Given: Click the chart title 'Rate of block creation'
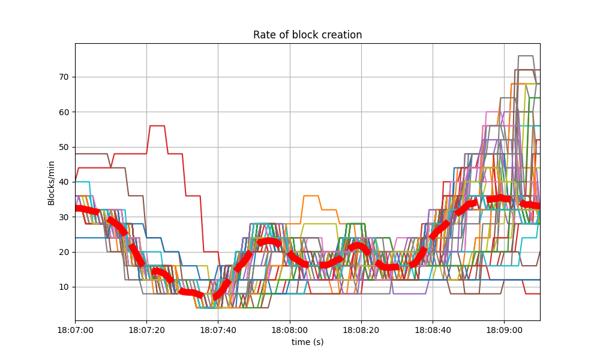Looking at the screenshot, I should [307, 35].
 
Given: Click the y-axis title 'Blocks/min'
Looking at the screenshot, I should [52, 183].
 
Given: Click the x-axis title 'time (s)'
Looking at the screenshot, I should [307, 341].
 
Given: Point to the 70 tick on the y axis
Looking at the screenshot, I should [64, 77].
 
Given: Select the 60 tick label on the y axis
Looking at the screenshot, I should [64, 112].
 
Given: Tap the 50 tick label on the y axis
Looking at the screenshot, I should [64, 147].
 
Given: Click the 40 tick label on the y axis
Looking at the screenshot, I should [64, 182].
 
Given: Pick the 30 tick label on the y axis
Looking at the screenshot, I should [64, 217].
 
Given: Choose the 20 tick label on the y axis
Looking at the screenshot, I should [64, 252].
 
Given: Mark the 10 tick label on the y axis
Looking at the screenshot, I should [64, 287].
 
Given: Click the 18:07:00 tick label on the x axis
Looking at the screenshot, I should [75, 330].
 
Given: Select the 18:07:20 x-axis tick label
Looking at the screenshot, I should [146, 330].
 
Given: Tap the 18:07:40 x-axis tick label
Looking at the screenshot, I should [218, 330].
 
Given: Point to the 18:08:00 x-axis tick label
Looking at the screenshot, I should [290, 330].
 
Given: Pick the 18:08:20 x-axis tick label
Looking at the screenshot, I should [361, 330].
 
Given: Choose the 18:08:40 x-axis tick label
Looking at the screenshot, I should [433, 330].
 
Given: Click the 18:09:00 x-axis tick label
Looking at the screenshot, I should [504, 330].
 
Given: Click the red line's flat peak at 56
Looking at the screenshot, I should [157, 125].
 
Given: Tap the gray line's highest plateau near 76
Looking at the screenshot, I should [526, 56].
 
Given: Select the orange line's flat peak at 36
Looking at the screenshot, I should [311, 196].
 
